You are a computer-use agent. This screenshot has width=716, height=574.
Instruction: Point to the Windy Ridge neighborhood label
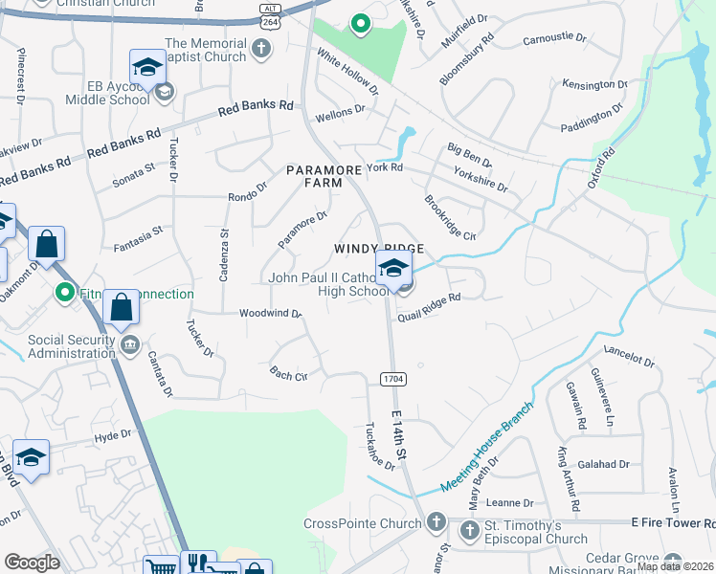[378, 249]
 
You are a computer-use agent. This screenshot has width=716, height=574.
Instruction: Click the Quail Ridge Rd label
[430, 298]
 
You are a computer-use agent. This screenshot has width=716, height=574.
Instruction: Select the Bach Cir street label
[288, 374]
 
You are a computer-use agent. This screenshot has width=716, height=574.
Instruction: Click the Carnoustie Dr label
[554, 39]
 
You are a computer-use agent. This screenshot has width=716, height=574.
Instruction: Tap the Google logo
[32, 563]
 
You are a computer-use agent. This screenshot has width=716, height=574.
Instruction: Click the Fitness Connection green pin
[66, 292]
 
